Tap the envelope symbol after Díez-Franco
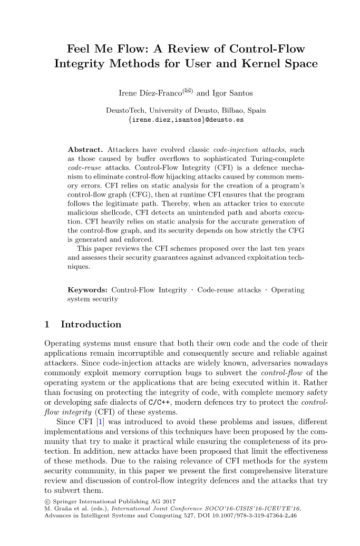point(188,91)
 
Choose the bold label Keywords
point(88,290)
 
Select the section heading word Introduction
point(91,324)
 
